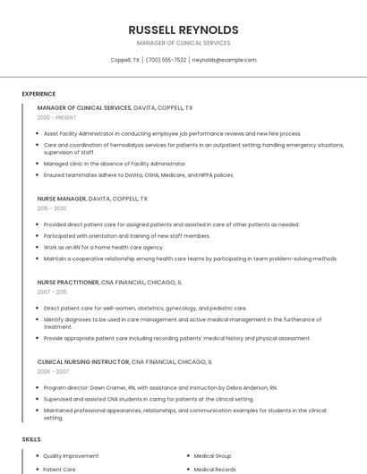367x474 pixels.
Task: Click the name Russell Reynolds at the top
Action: pyautogui.click(x=183, y=30)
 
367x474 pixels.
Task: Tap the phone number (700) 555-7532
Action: pyautogui.click(x=166, y=60)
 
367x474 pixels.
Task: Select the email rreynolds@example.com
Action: pyautogui.click(x=225, y=60)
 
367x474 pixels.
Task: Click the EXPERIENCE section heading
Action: pyautogui.click(x=38, y=94)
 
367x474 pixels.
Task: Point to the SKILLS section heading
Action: pyautogui.click(x=31, y=439)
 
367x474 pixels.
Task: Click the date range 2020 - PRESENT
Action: pyautogui.click(x=56, y=117)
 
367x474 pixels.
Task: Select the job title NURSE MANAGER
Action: pyautogui.click(x=62, y=199)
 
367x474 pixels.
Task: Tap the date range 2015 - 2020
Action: pyautogui.click(x=53, y=208)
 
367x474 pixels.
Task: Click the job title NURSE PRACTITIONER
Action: pyautogui.click(x=68, y=282)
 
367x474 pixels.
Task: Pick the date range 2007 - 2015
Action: pyautogui.click(x=52, y=292)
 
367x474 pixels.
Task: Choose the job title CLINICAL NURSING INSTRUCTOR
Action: pyautogui.click(x=83, y=362)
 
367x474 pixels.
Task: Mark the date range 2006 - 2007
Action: pyautogui.click(x=53, y=372)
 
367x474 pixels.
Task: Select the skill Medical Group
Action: pyautogui.click(x=212, y=455)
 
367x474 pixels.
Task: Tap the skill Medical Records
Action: pyautogui.click(x=215, y=469)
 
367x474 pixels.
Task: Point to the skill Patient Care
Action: pyautogui.click(x=59, y=469)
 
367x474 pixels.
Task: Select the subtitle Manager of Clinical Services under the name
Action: pyautogui.click(x=183, y=43)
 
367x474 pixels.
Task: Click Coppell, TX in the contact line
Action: pyautogui.click(x=124, y=60)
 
